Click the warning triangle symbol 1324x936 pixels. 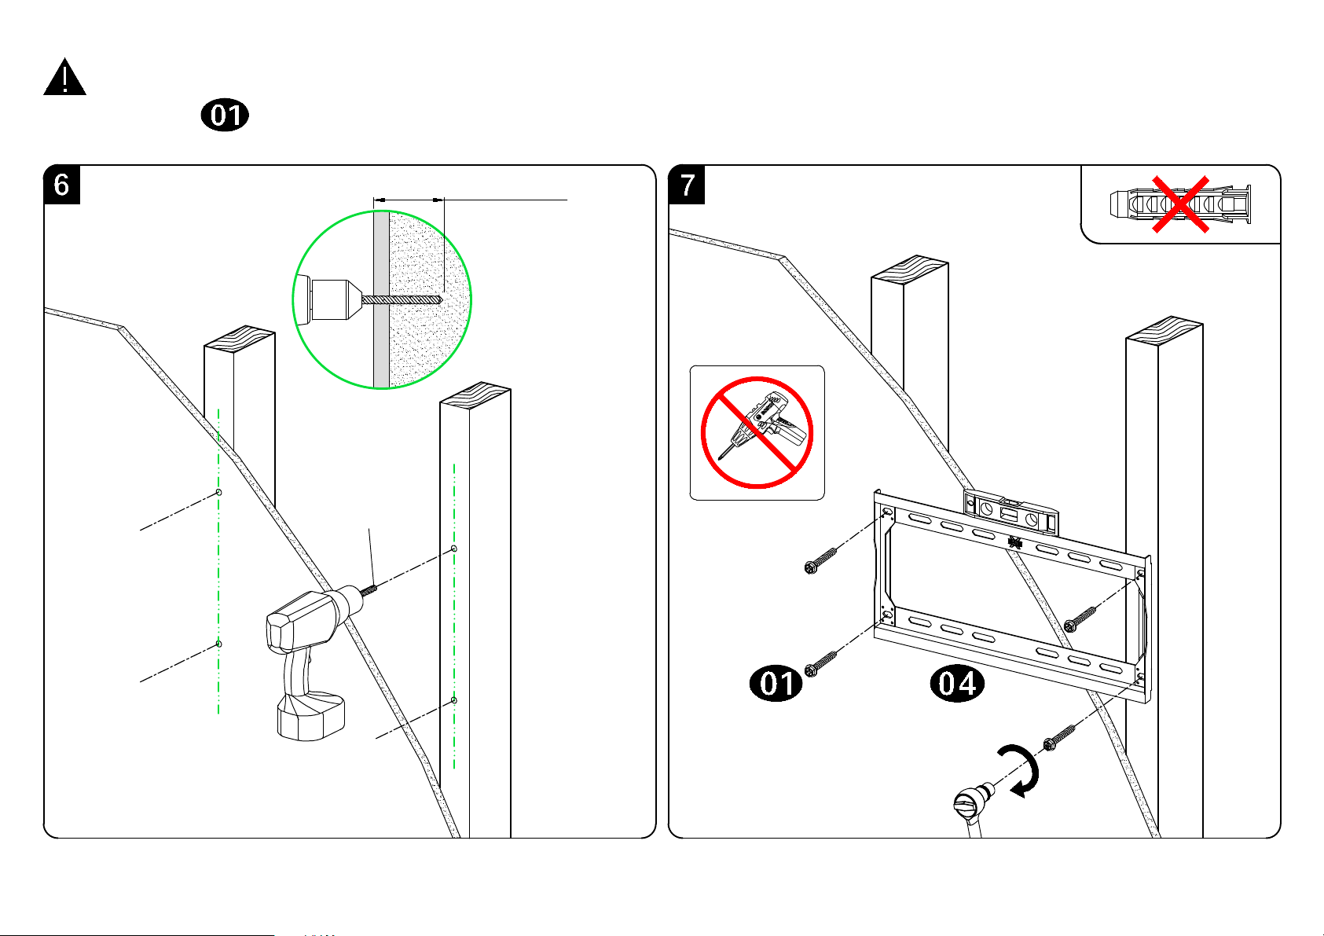coord(64,79)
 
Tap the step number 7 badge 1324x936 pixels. coord(687,185)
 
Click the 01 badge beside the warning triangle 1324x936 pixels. coord(225,116)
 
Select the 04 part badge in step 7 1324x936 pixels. coord(957,683)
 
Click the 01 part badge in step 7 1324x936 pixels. coord(776,683)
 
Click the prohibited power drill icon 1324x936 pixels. coord(757,432)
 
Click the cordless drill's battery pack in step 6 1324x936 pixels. coord(311,715)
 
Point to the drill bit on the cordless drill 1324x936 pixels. coord(369,588)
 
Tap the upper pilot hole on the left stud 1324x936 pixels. coord(218,493)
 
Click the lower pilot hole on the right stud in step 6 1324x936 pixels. coord(454,700)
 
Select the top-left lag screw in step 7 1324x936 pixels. coord(820,560)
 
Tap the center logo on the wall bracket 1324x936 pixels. coord(1014,541)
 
